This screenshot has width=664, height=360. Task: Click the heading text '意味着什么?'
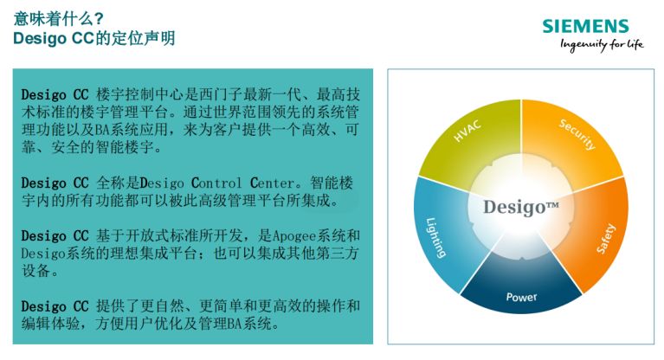60,17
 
